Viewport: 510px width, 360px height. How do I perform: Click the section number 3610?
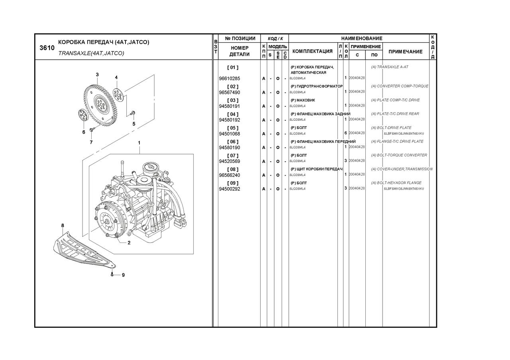47,48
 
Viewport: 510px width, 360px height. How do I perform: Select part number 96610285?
229,78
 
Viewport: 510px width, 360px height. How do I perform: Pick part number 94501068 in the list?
229,134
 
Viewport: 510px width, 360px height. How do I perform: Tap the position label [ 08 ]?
233,169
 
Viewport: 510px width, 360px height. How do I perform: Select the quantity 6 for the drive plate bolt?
345,133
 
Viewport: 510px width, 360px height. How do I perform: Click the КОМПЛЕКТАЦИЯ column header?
312,51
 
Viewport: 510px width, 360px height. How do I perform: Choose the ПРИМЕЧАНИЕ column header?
405,51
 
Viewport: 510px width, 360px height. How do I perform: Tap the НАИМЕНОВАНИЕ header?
361,38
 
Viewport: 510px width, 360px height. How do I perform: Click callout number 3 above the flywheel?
97,74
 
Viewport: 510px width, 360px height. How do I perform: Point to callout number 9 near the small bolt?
123,275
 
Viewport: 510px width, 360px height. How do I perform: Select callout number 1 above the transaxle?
139,143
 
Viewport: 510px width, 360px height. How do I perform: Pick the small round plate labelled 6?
83,116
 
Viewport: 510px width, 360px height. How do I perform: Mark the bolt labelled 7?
92,130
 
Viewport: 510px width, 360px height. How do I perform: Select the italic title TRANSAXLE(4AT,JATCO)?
91,53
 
